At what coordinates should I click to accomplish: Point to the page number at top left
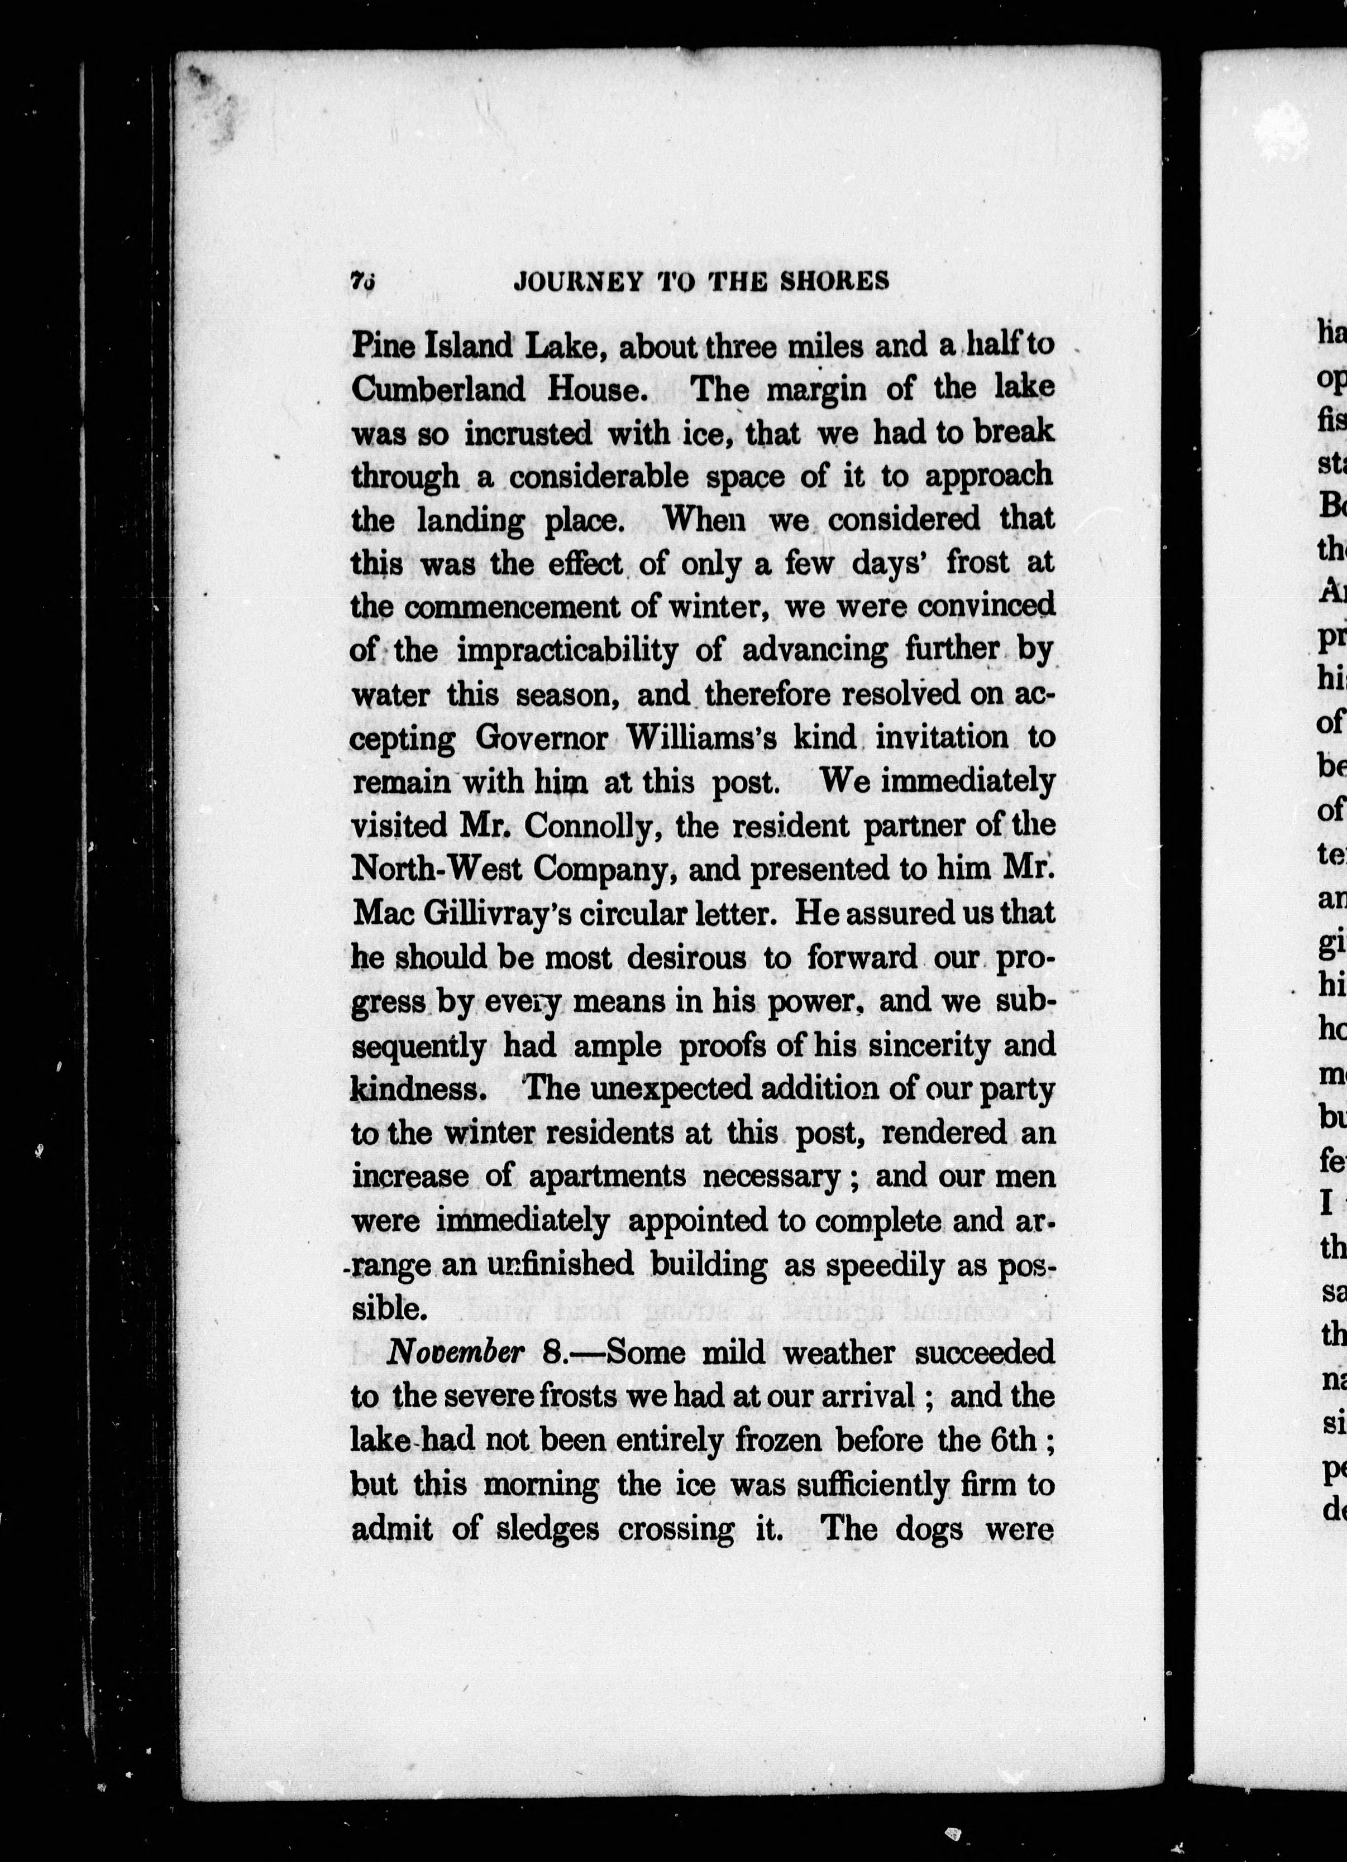click(x=361, y=280)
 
